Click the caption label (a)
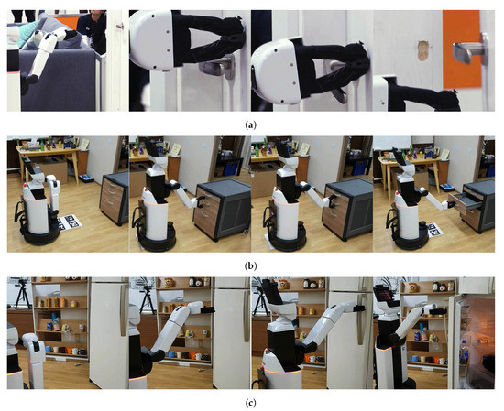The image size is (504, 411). pyautogui.click(x=252, y=122)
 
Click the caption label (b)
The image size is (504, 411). pyautogui.click(x=252, y=264)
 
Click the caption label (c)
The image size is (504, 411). pyautogui.click(x=252, y=403)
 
